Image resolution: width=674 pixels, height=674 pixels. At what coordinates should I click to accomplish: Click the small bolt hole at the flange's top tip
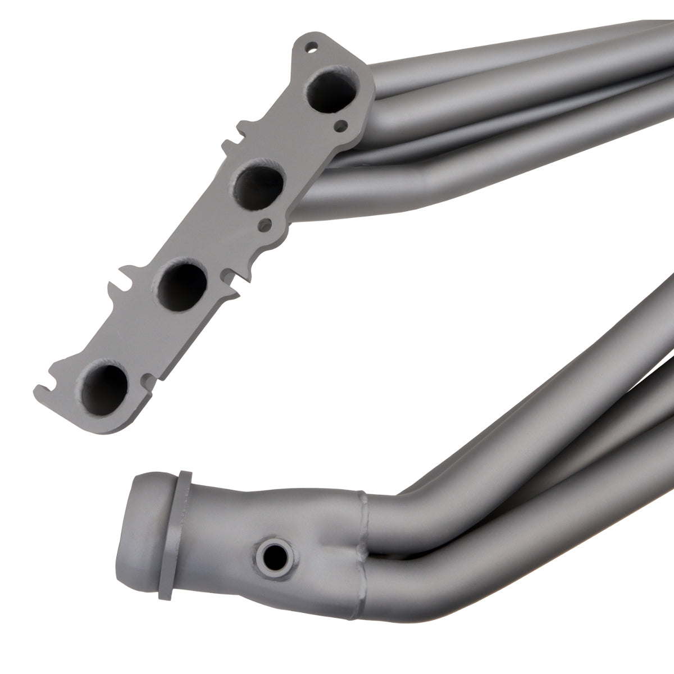pos(306,48)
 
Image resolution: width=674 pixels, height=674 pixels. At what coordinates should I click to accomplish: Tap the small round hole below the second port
pos(261,225)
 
